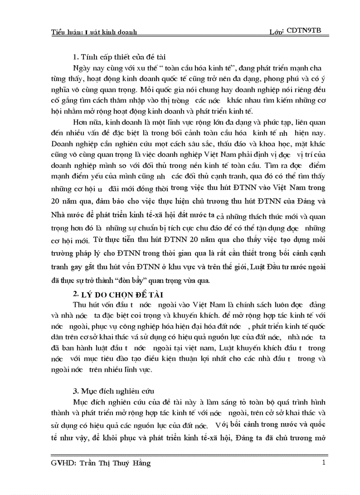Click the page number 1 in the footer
coord(324,462)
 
